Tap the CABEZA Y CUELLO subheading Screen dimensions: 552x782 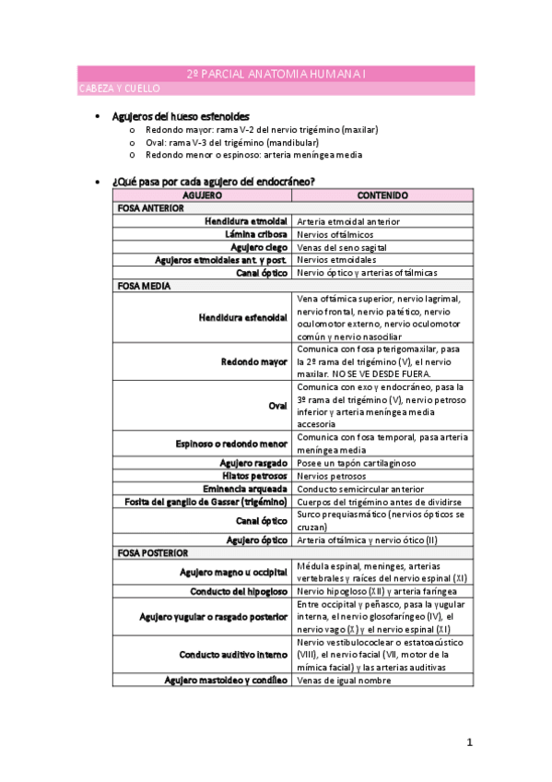[x=119, y=89]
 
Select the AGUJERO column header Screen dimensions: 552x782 [x=202, y=195]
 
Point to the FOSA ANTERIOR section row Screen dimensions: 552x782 [x=150, y=208]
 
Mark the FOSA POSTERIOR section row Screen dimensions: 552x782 [x=152, y=552]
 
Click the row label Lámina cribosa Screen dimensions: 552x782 [x=258, y=234]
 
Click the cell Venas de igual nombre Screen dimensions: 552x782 [x=344, y=680]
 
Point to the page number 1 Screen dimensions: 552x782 [x=469, y=741]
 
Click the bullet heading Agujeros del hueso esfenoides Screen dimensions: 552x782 [x=180, y=117]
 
